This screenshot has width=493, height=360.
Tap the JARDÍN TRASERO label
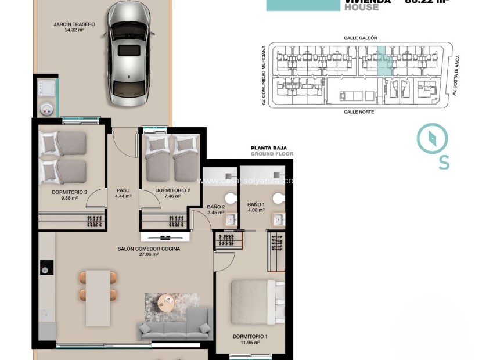click(x=74, y=27)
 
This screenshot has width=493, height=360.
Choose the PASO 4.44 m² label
click(x=123, y=193)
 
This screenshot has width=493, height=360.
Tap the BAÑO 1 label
click(x=256, y=208)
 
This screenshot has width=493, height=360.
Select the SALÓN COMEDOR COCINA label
click(x=149, y=251)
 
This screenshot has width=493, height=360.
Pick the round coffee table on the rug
click(x=166, y=301)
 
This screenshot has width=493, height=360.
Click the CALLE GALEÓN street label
click(x=360, y=38)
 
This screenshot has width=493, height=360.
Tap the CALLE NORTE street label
click(x=358, y=111)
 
